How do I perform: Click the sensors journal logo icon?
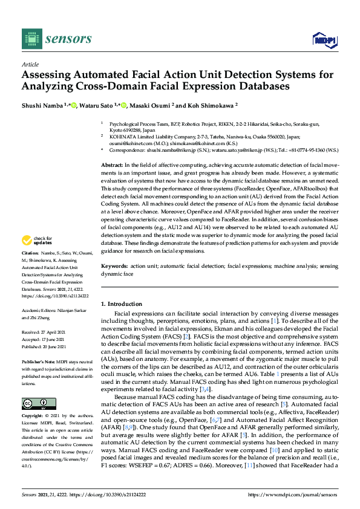point(30,39)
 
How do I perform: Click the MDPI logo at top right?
point(323,40)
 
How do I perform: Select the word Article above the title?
point(30,65)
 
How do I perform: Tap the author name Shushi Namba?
point(43,105)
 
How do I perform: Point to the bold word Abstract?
point(113,165)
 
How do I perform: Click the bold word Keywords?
point(114,267)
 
